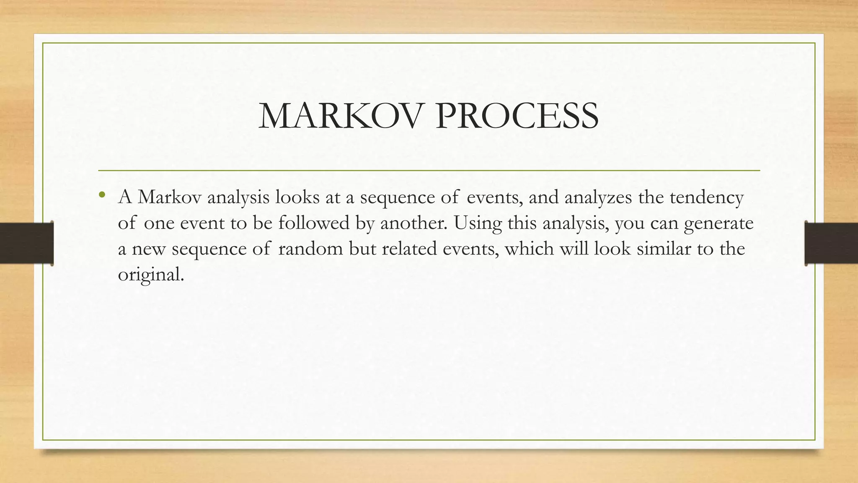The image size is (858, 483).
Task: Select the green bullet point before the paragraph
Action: [102, 194]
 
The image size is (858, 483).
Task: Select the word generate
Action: [718, 223]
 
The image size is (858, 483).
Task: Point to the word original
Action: [150, 275]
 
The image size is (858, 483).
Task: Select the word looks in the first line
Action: [297, 197]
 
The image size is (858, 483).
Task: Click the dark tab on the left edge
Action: [26, 243]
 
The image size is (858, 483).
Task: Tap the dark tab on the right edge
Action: [831, 243]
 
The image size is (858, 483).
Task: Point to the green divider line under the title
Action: [429, 171]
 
